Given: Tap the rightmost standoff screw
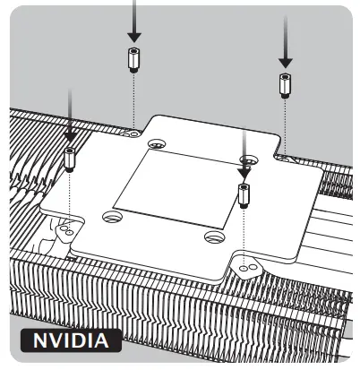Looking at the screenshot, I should point(285,86).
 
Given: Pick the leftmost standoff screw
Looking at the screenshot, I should point(69,160).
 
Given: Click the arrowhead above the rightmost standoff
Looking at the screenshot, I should point(285,60).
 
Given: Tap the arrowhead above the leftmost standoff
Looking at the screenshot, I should point(69,135).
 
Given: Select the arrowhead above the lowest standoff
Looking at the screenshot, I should point(243,169).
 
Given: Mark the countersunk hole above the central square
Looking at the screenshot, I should point(157,143).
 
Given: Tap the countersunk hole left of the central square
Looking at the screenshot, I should point(111,215).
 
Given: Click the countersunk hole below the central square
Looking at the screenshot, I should point(211,237).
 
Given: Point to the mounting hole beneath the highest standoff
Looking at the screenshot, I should point(133,132).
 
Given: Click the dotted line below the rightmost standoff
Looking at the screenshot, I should point(285,125).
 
